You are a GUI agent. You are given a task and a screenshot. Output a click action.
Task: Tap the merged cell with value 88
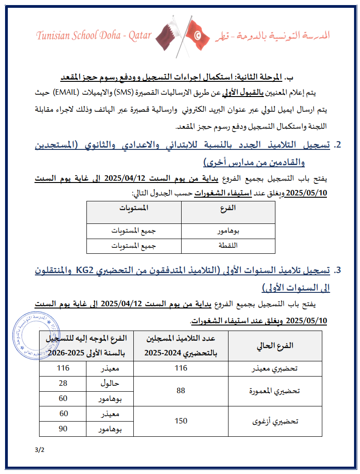(x=181, y=391)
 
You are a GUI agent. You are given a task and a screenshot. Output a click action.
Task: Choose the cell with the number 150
(x=181, y=421)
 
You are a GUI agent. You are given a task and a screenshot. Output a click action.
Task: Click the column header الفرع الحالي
(x=275, y=346)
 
